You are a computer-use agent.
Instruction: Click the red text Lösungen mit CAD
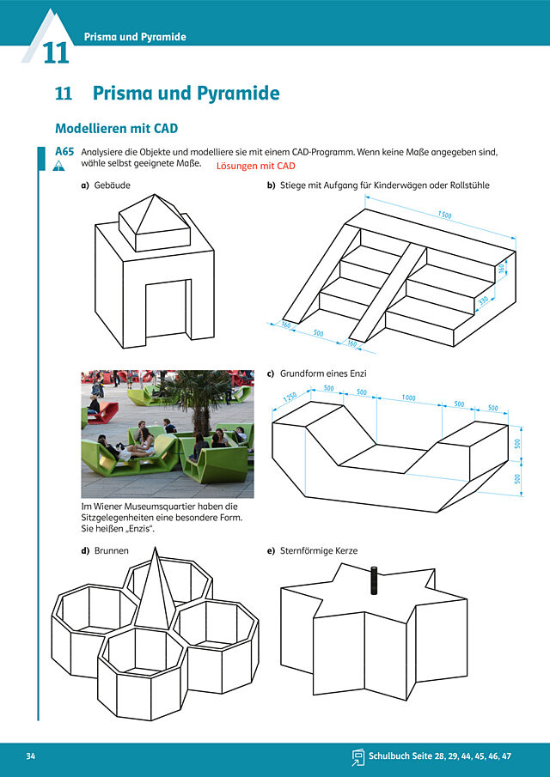tap(255, 166)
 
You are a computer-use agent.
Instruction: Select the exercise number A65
tap(64, 152)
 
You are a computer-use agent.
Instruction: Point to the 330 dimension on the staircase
tap(483, 301)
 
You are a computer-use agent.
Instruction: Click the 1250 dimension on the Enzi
tap(290, 398)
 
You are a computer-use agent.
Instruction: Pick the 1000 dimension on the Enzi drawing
tap(409, 398)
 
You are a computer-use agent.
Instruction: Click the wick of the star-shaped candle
tap(374, 580)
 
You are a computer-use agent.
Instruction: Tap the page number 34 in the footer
tap(31, 756)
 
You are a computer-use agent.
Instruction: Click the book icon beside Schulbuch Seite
tap(357, 757)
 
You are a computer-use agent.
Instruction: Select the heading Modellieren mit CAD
tap(117, 128)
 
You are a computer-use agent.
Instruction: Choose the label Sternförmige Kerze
tap(318, 550)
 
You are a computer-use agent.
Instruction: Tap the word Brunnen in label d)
tap(111, 550)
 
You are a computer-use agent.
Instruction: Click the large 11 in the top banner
tap(56, 53)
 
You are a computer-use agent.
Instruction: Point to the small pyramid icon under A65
tap(58, 166)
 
